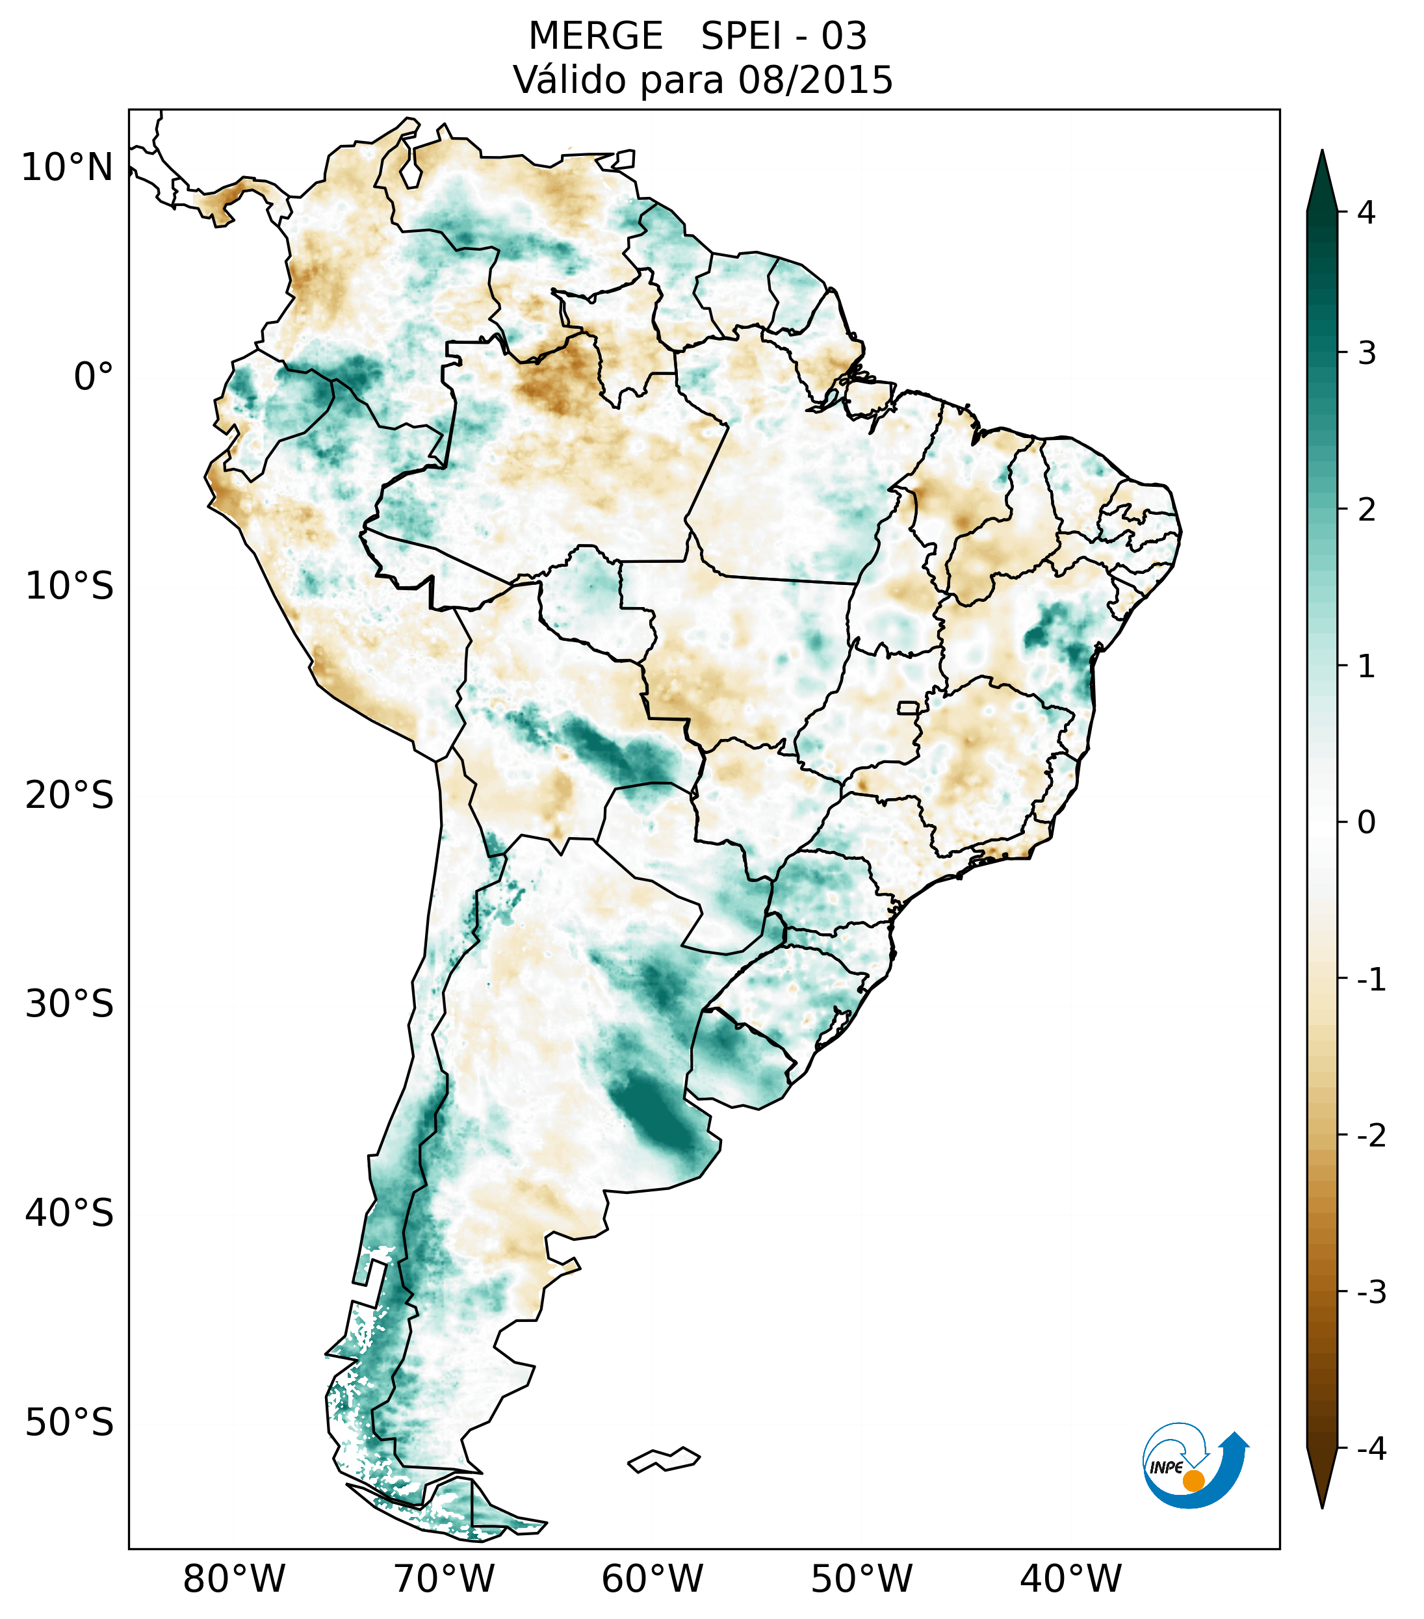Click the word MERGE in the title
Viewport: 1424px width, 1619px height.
click(595, 36)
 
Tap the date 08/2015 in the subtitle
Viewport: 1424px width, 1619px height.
click(815, 80)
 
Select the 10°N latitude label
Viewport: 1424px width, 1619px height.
click(68, 168)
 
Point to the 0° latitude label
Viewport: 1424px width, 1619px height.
click(94, 377)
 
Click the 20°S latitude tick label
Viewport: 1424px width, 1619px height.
click(70, 796)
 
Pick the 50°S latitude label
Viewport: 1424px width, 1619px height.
click(70, 1423)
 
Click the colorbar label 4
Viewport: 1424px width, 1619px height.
click(1366, 213)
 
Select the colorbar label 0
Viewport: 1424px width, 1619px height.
click(1366, 823)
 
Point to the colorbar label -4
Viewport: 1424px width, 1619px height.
click(1371, 1449)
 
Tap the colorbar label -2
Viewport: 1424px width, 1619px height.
click(1371, 1137)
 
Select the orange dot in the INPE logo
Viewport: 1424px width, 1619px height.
click(1193, 1480)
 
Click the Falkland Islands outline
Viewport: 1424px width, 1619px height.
click(664, 1459)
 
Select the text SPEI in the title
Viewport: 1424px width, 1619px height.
click(740, 36)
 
